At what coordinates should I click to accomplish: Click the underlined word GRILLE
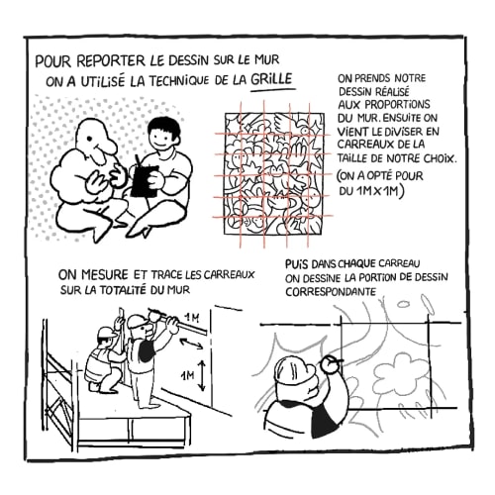[271, 79]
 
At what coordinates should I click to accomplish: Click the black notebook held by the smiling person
[145, 181]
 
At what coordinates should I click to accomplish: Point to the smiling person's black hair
[164, 129]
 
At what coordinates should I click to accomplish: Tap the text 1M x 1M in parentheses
[378, 190]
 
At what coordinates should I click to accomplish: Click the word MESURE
[104, 274]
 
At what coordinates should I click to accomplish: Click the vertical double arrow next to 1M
[202, 375]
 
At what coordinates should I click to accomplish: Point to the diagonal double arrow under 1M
[192, 344]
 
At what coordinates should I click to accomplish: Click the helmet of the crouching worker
[106, 333]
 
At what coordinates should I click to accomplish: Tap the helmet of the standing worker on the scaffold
[137, 321]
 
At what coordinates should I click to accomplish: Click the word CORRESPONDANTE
[331, 292]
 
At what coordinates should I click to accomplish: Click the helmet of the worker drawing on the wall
[292, 370]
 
